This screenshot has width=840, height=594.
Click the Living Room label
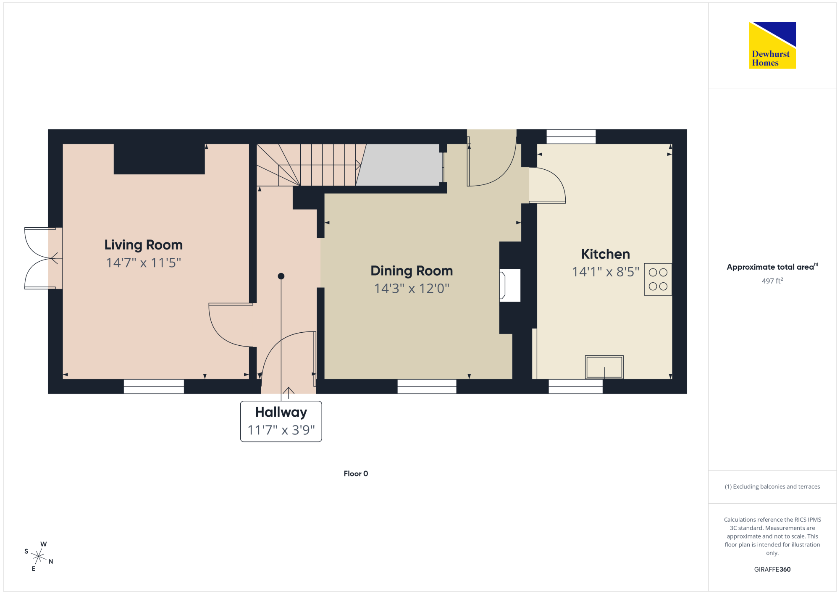[143, 245]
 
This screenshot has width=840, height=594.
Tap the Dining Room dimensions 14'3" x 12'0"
[412, 289]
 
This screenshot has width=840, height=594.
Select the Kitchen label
[605, 254]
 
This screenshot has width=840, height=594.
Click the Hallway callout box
[281, 421]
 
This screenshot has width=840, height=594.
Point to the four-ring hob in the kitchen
[658, 279]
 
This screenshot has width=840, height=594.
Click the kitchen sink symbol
[604, 367]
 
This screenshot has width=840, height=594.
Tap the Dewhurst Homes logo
[772, 45]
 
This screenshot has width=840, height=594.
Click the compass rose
[38, 557]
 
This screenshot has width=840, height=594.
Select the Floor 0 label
[356, 474]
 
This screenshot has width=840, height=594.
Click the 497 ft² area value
[772, 281]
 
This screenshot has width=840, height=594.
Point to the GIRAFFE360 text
[772, 570]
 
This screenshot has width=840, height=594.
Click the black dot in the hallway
[281, 276]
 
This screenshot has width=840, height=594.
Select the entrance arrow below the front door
[288, 393]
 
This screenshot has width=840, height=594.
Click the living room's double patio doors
[40, 258]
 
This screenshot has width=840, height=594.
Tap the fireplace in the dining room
[509, 285]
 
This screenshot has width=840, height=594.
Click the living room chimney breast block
[159, 159]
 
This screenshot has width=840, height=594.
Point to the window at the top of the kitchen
[571, 137]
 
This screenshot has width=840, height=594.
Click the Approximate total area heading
[772, 267]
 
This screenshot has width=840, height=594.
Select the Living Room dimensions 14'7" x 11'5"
[143, 263]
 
